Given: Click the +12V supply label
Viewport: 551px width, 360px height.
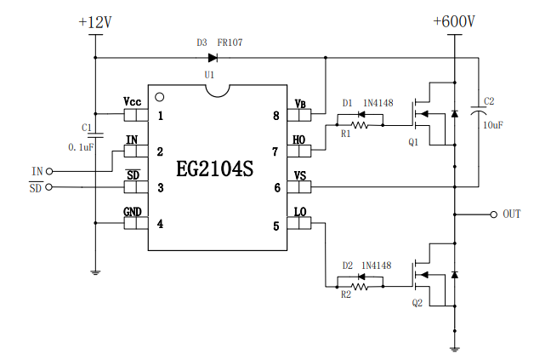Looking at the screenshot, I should click(94, 24).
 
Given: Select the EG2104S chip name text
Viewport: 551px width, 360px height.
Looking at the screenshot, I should click(214, 169).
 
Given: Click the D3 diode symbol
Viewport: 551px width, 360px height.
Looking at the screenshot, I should click(212, 58).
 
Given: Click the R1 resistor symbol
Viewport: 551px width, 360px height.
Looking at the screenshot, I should click(360, 125).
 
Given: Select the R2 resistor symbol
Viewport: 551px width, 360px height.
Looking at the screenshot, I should click(360, 287).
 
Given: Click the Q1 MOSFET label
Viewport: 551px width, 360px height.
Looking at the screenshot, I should click(414, 142).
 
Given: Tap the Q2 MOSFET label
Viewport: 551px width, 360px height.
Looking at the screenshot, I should click(417, 303).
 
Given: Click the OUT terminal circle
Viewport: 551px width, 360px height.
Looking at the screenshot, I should click(492, 214).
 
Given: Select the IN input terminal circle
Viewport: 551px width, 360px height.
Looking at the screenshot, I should click(48, 171).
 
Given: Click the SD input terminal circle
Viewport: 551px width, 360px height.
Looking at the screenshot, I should click(48, 187).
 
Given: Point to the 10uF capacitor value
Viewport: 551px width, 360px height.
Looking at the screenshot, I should click(492, 124).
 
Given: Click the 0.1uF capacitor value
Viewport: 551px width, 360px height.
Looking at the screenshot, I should click(81, 146).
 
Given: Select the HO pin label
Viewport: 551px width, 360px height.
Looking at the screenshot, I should click(299, 139).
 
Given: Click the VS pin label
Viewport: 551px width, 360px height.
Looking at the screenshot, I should click(300, 175).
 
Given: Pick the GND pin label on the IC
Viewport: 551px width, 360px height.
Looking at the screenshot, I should click(133, 211).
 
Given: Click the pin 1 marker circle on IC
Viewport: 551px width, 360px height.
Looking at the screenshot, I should click(159, 95).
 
